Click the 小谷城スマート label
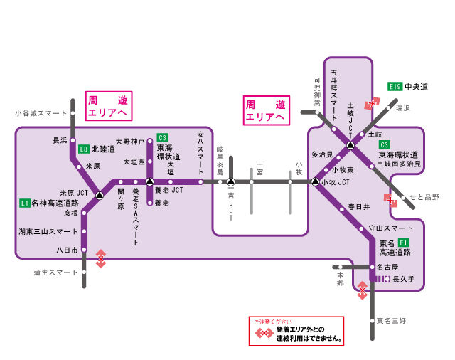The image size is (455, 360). click(x=41, y=113)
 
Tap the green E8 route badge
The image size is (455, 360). click(x=84, y=149)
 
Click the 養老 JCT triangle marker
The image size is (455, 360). click(x=149, y=182)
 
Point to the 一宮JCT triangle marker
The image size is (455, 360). click(x=231, y=182)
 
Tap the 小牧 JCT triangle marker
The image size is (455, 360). click(x=315, y=182)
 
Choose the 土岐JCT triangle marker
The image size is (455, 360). click(x=350, y=146)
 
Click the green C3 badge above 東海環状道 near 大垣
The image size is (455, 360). click(x=162, y=137)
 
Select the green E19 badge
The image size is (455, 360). click(x=395, y=86)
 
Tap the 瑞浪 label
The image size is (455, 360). click(x=403, y=108)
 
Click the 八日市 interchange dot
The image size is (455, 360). click(x=84, y=250)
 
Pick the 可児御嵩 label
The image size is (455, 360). click(x=317, y=91)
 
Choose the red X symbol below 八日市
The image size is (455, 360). click(x=102, y=258)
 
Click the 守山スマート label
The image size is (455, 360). click(x=390, y=228)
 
